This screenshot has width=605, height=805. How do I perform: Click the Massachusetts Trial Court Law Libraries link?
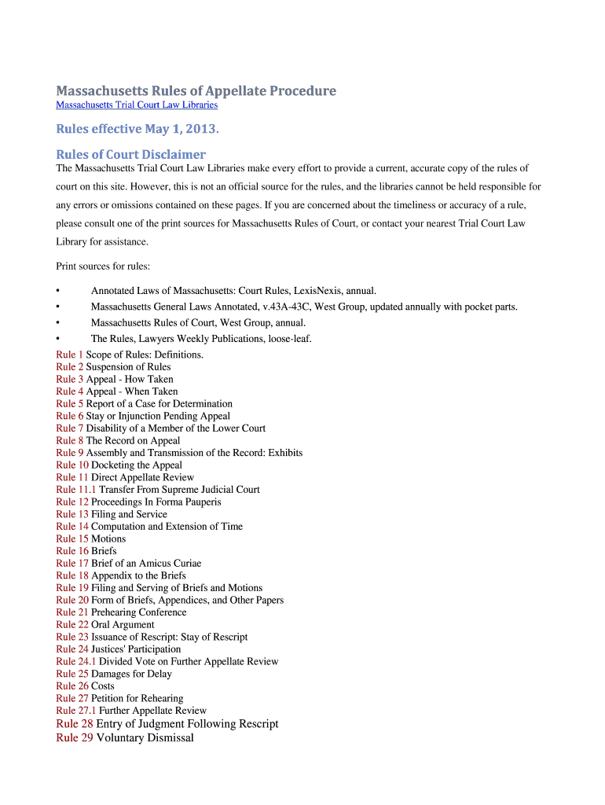tap(137, 105)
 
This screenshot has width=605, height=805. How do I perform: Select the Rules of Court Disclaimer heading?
tap(130, 154)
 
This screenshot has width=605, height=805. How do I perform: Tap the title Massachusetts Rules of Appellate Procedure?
tap(196, 91)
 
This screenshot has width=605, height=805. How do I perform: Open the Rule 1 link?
tap(69, 355)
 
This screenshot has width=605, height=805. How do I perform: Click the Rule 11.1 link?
tap(76, 490)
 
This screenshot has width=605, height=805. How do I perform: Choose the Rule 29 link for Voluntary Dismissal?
tap(75, 737)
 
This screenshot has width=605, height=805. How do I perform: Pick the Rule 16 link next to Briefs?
tap(72, 551)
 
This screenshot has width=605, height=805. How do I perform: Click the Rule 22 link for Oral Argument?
tap(72, 625)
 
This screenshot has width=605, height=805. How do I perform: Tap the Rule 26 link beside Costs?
tap(72, 686)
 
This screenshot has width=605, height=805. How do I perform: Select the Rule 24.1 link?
tap(76, 662)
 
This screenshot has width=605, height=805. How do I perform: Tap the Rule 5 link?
tap(69, 404)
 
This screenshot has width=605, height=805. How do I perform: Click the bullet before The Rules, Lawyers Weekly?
tap(58, 339)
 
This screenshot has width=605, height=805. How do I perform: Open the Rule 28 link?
tap(75, 723)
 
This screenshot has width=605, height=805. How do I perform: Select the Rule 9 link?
tap(69, 453)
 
